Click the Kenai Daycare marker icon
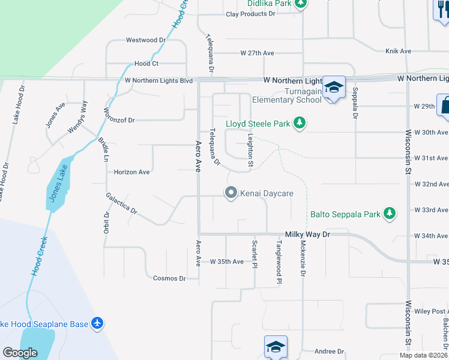(x=231, y=193)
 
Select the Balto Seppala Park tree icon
(x=390, y=213)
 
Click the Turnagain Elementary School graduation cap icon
(x=334, y=88)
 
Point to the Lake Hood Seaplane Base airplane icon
(x=98, y=323)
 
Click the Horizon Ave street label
(x=131, y=172)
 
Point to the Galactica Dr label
(x=122, y=204)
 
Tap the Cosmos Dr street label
(x=169, y=278)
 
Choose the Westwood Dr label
(x=145, y=40)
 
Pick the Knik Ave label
(x=398, y=52)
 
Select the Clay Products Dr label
(x=250, y=14)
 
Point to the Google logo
(x=20, y=352)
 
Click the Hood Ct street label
(x=146, y=63)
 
